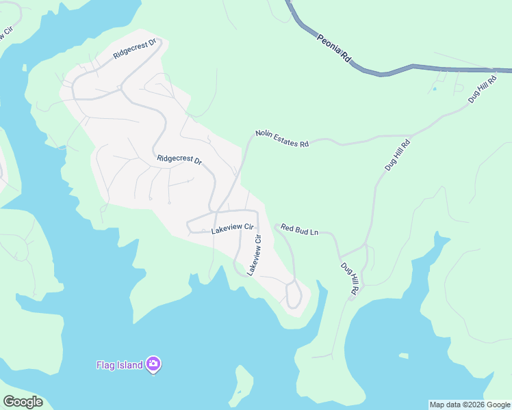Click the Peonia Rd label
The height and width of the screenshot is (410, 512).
(333, 49)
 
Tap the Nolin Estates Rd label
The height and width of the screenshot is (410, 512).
(282, 139)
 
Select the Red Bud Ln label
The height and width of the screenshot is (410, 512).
(299, 231)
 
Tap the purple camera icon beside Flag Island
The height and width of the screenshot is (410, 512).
(154, 364)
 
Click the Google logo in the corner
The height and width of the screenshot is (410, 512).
(23, 402)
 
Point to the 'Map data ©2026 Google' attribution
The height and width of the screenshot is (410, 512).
(470, 405)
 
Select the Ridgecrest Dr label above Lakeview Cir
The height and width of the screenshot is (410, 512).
(179, 160)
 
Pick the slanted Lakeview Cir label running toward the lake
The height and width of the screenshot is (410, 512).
(254, 255)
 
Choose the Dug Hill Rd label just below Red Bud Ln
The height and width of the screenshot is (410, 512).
(348, 279)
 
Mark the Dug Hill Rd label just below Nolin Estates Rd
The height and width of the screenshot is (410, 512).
(396, 154)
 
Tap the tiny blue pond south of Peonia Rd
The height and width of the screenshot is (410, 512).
(434, 88)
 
